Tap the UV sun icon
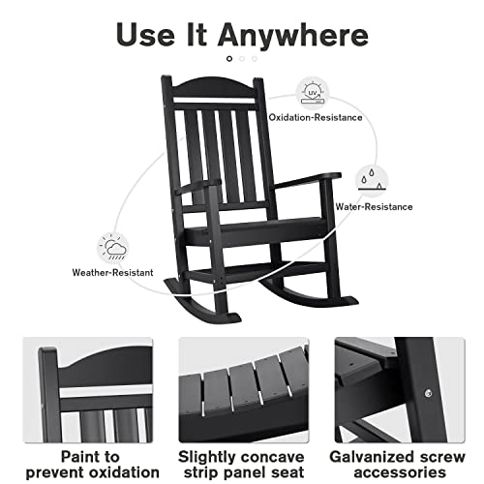click(x=312, y=93)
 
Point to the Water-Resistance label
click(x=374, y=206)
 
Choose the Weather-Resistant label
click(x=111, y=273)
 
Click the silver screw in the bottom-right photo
click(x=428, y=392)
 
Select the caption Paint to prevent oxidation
click(x=92, y=464)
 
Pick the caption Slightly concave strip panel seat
click(x=242, y=464)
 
